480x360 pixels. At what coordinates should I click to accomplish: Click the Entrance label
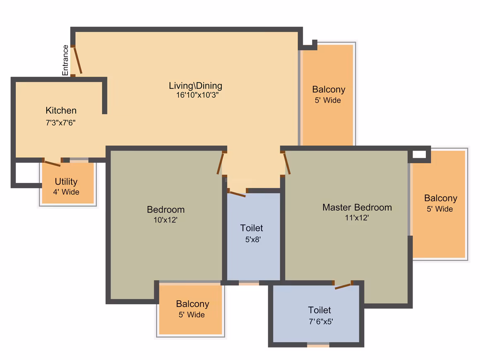click(x=65, y=60)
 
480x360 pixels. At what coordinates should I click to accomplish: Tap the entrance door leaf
click(x=78, y=60)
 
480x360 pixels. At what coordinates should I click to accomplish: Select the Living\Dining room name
click(x=196, y=86)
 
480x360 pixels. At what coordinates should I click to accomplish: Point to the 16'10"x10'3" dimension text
click(x=197, y=95)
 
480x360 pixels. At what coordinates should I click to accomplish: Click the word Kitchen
click(x=61, y=110)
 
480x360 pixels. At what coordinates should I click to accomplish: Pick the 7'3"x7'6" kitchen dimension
click(x=60, y=123)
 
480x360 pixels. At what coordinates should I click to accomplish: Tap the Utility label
click(x=66, y=182)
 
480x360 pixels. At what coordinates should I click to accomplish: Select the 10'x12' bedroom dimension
click(x=165, y=220)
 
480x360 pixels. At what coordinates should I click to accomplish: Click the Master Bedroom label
click(x=357, y=207)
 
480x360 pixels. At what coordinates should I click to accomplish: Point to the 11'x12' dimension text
click(x=357, y=218)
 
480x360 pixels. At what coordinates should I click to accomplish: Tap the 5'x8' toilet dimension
click(x=253, y=240)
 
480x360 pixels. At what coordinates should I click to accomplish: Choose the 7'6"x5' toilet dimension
click(x=321, y=322)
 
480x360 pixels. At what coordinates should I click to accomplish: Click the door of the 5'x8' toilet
click(x=238, y=194)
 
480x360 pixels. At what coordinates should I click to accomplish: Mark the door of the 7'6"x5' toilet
click(x=343, y=286)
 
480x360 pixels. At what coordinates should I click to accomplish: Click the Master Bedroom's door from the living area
click(x=287, y=164)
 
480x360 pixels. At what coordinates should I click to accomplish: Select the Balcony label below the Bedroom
click(x=192, y=304)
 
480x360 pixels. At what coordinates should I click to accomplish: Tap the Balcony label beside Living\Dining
click(x=329, y=89)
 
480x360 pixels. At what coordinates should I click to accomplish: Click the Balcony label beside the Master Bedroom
click(x=441, y=198)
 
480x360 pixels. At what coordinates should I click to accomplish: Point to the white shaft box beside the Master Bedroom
click(x=420, y=155)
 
